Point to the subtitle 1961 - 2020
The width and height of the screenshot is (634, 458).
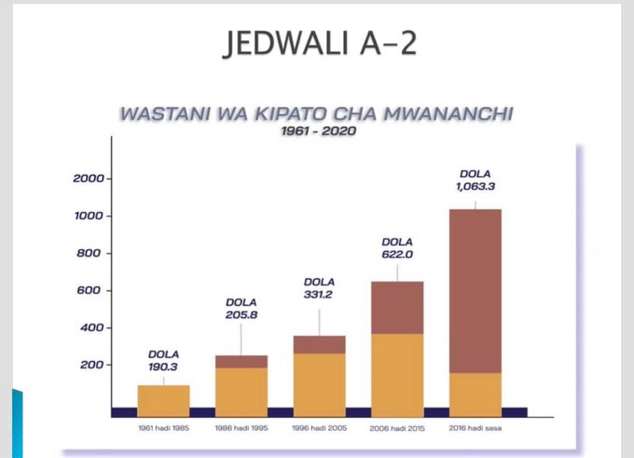318,132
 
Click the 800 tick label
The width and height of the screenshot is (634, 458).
93,254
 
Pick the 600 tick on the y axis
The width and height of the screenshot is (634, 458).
93,291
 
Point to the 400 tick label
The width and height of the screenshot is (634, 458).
93,328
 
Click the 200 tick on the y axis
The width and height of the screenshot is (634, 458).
93,365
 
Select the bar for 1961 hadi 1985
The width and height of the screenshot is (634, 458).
164,396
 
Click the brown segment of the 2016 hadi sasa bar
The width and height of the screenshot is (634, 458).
475,290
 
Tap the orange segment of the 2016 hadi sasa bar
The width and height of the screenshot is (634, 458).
475,390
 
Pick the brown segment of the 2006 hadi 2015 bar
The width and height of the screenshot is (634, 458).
397,307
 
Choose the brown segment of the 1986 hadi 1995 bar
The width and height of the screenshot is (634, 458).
241,361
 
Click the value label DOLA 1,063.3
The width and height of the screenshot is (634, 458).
475,179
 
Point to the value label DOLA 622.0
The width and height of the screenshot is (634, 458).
397,247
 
